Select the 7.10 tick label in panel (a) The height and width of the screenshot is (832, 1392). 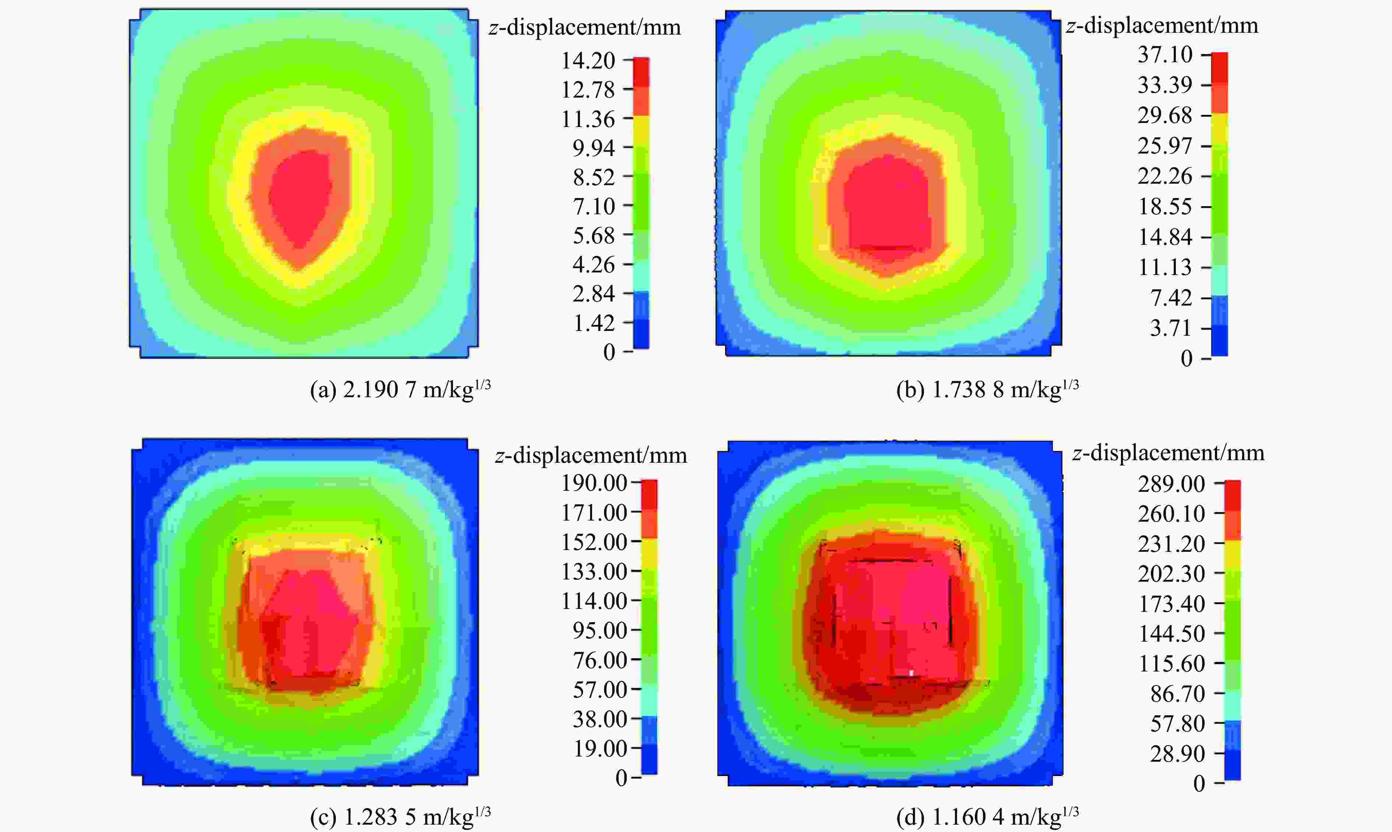(593, 206)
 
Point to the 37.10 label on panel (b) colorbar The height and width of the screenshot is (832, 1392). (1164, 54)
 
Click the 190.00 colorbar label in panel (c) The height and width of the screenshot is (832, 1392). (594, 483)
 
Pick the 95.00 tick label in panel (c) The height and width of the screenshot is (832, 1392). (600, 631)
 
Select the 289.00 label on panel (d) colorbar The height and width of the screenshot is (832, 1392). (1171, 484)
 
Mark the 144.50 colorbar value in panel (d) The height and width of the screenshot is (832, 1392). (1171, 634)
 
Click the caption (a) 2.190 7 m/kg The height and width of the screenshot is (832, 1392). (400, 389)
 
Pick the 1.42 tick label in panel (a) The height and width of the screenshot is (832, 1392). (593, 323)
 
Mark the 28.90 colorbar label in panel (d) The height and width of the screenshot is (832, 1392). (1177, 754)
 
